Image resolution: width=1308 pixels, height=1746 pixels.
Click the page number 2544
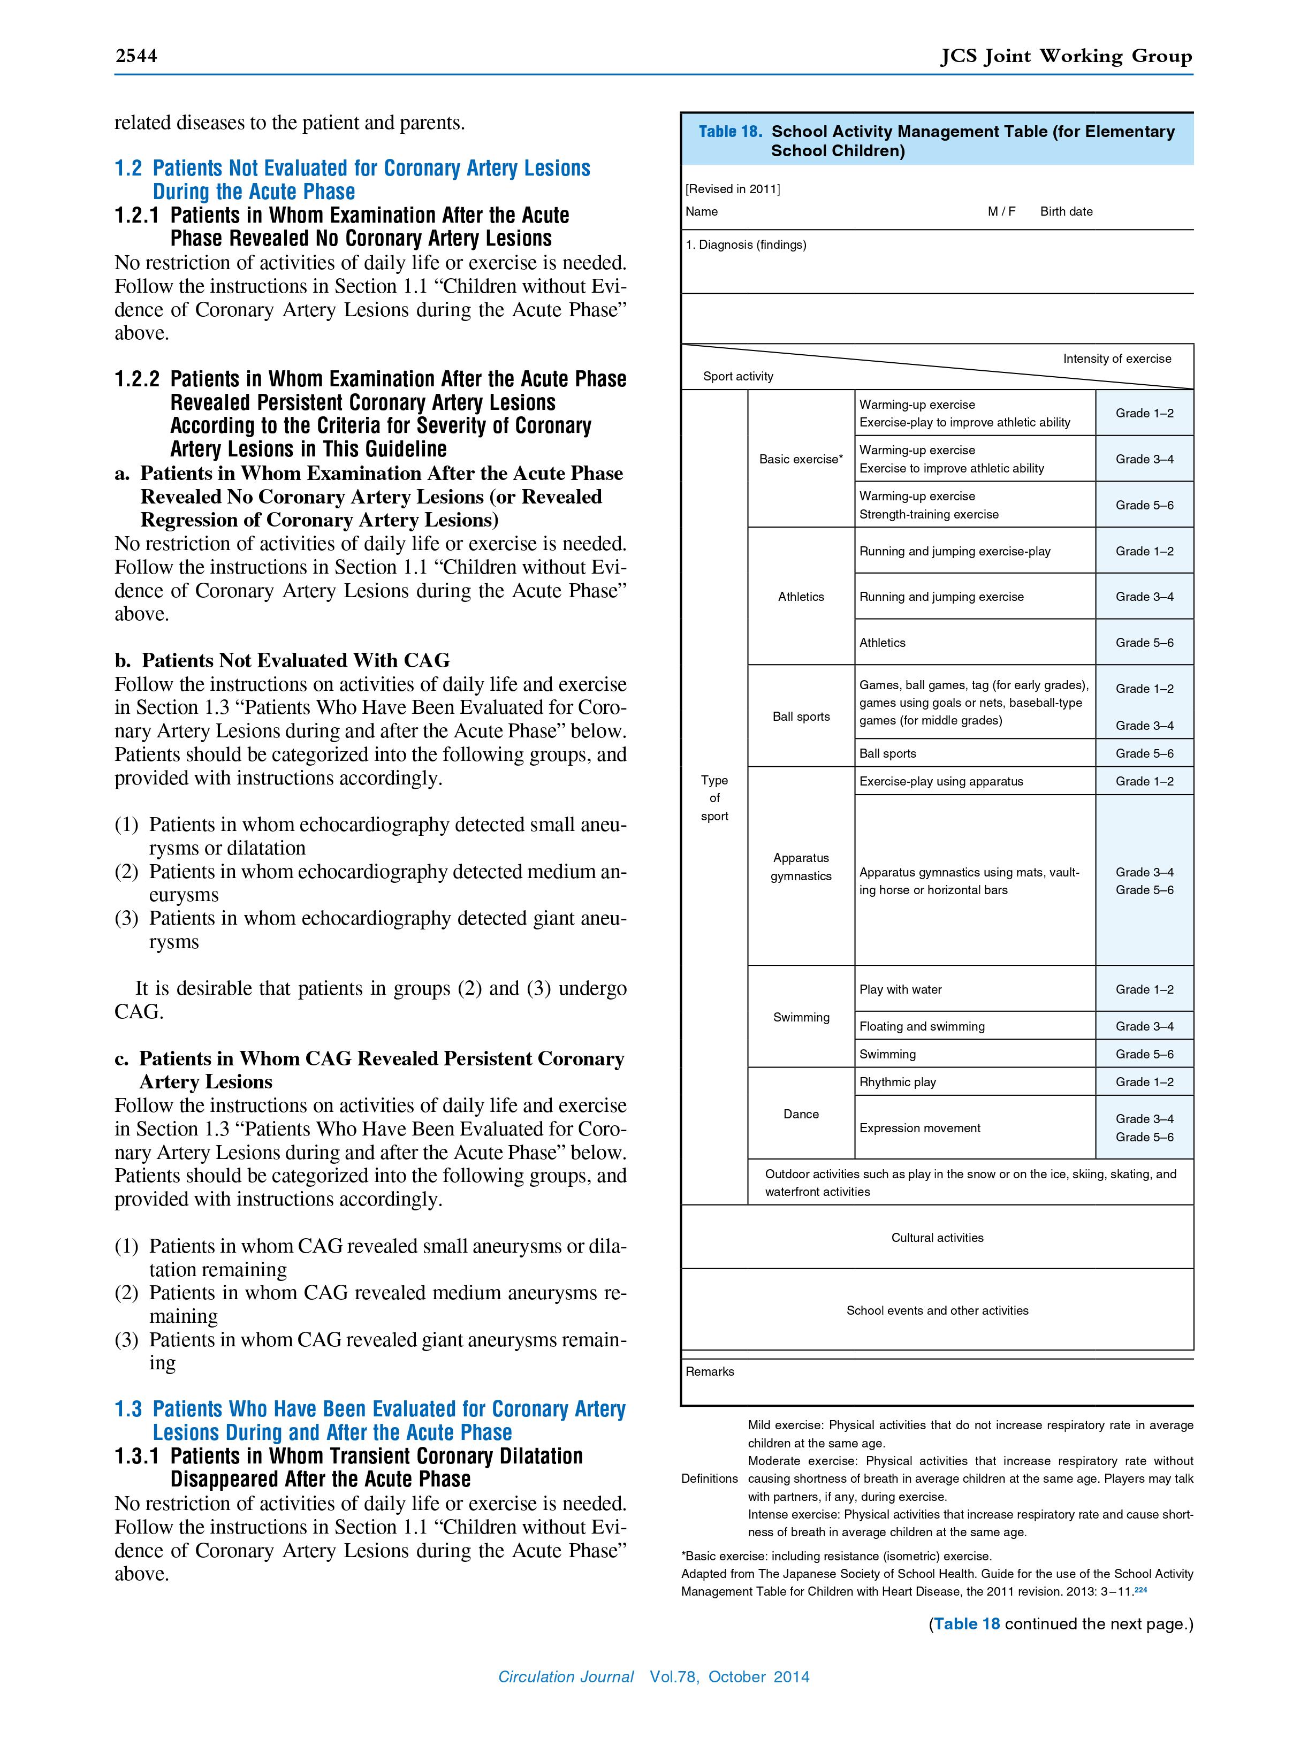[x=136, y=56]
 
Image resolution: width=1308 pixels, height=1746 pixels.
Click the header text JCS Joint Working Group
[x=1066, y=56]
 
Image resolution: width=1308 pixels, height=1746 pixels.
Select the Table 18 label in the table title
[x=729, y=132]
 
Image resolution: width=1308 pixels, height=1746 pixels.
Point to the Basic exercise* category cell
[x=801, y=459]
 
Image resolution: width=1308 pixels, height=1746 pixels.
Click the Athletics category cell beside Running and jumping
[x=801, y=597]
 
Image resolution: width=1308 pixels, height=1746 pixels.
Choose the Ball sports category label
[x=801, y=716]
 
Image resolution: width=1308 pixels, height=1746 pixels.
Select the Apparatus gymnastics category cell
[x=801, y=867]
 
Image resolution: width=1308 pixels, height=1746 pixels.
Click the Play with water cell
[x=900, y=989]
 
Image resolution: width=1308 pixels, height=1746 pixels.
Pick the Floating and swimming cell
[x=921, y=1026]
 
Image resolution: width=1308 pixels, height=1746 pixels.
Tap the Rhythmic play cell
[x=897, y=1082]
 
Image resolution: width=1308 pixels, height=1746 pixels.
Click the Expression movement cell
[x=919, y=1128]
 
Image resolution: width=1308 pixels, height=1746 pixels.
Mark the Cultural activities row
[x=937, y=1238]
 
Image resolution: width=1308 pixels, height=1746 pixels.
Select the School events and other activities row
[x=937, y=1310]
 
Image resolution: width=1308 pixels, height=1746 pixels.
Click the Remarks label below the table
[x=710, y=1371]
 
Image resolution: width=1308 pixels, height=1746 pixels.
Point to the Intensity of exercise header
[x=1116, y=359]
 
